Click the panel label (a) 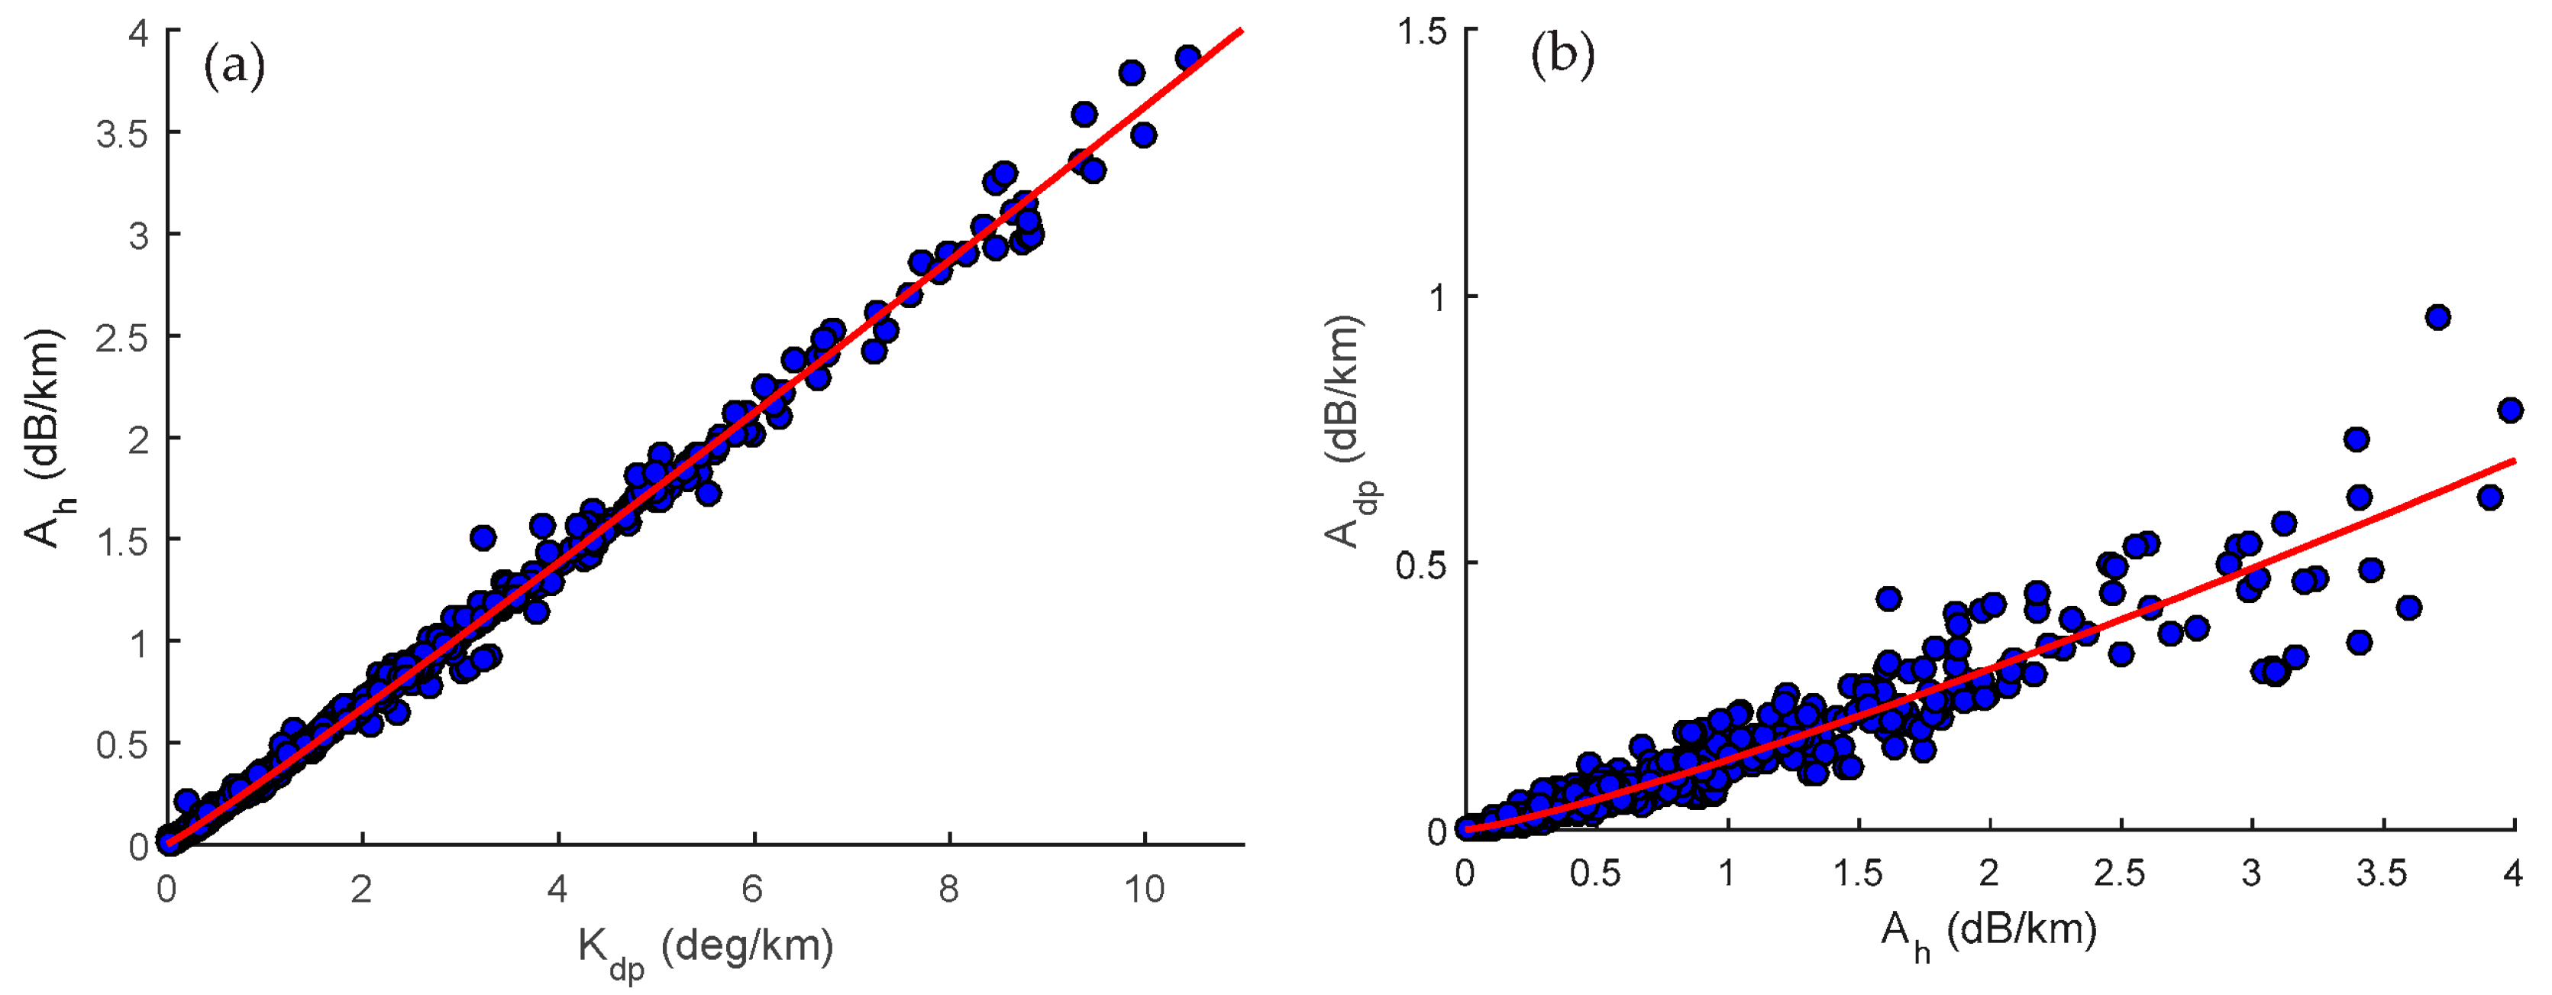234,67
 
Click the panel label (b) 1562,56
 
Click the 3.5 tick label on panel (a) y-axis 122,134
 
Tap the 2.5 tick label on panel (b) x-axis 2119,874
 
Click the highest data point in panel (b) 2438,317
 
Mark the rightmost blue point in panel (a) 1188,57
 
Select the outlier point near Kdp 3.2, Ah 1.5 483,538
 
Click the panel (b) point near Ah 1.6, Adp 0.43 1888,598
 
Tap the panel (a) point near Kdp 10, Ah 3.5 1143,135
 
